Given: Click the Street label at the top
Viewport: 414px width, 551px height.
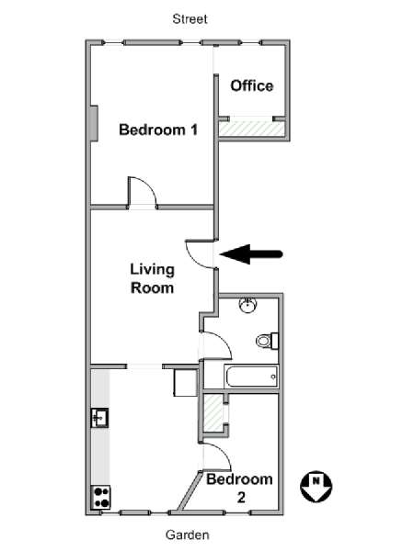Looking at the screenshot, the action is (190, 19).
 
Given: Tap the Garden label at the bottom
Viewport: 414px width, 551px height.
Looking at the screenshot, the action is (188, 534).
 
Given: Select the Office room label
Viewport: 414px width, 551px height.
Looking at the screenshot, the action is (252, 85).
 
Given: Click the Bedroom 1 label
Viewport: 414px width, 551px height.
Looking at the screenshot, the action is (158, 129).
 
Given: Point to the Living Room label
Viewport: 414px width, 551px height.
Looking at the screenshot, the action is (153, 278).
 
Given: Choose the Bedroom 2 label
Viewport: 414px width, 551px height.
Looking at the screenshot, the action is (240, 489).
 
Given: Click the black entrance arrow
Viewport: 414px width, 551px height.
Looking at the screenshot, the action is (251, 254).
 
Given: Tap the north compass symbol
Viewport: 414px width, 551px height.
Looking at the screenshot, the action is (316, 487).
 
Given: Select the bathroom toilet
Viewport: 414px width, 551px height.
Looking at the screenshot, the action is (268, 341).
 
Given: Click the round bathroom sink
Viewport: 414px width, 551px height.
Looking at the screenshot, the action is (247, 306).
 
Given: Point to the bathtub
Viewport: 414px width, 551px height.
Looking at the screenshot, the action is (251, 377).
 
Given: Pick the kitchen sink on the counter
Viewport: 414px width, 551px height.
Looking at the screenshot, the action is (100, 418).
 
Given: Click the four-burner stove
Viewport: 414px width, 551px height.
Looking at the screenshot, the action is (100, 497).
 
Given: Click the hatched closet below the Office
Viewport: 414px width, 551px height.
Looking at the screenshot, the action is (251, 129).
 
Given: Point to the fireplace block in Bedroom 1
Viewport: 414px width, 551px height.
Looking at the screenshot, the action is (94, 123).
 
